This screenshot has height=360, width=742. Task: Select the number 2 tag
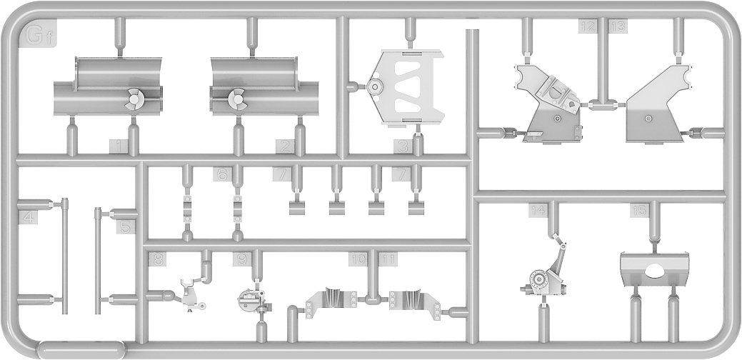pyautogui.click(x=286, y=148)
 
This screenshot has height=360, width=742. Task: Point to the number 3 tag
pyautogui.click(x=404, y=148)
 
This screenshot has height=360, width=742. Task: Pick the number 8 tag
pyautogui.click(x=157, y=259)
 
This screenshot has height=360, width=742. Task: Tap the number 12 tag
pyautogui.click(x=588, y=26)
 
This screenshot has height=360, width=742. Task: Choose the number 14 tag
pyautogui.click(x=538, y=210)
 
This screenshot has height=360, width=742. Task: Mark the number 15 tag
pyautogui.click(x=639, y=210)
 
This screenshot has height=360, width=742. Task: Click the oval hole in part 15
pyautogui.click(x=654, y=270)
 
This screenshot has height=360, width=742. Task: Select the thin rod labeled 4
pyautogui.click(x=64, y=257)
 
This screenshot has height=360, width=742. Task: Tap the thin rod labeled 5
pyautogui.click(x=98, y=261)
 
